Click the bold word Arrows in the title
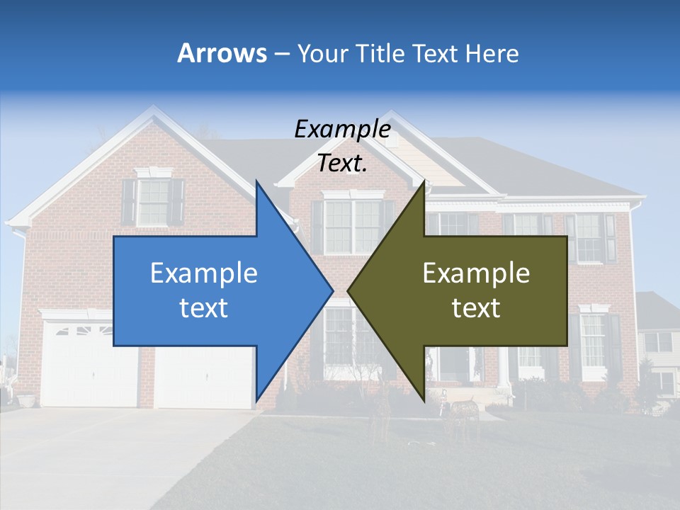[222, 53]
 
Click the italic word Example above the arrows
[342, 129]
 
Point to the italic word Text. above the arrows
[342, 164]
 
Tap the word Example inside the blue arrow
[203, 273]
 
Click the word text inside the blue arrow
[203, 308]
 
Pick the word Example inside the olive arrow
[476, 273]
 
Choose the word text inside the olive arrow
[476, 308]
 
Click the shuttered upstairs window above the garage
[153, 202]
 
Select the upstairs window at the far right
[589, 237]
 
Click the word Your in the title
[323, 53]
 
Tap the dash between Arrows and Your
[281, 54]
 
